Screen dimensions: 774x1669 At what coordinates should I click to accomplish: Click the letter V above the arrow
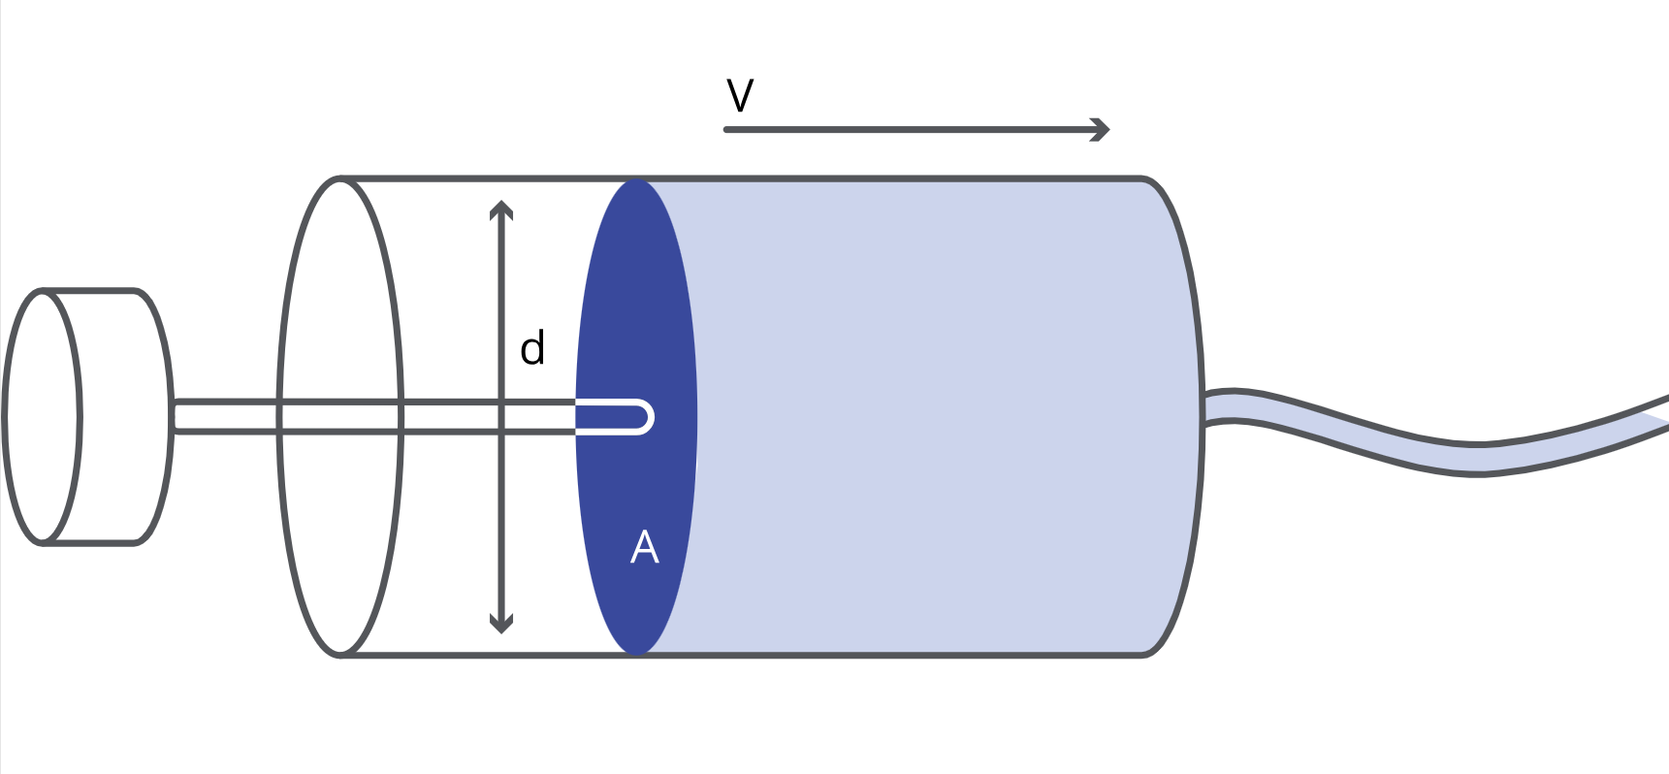click(x=740, y=96)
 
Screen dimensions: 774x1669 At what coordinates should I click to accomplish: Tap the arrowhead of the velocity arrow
click(x=1102, y=129)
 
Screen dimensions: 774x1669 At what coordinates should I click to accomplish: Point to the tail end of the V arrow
click(x=728, y=129)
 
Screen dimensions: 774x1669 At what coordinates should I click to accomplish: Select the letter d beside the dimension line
click(x=532, y=348)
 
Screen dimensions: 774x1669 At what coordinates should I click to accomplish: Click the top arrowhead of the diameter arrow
click(x=500, y=208)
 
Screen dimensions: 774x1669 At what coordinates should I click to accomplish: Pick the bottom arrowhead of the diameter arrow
click(x=500, y=625)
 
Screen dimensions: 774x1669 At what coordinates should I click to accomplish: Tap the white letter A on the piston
click(x=644, y=548)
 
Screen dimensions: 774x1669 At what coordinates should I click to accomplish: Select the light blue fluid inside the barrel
click(x=921, y=417)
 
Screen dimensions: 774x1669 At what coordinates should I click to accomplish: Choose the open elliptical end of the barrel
click(x=340, y=416)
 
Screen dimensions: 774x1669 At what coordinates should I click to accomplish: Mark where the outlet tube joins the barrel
click(x=1206, y=407)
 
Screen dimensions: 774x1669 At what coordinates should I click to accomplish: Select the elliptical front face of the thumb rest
click(x=42, y=416)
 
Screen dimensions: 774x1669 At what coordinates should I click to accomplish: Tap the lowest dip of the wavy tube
click(x=1476, y=458)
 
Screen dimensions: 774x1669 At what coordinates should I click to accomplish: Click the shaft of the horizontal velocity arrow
click(x=912, y=129)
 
